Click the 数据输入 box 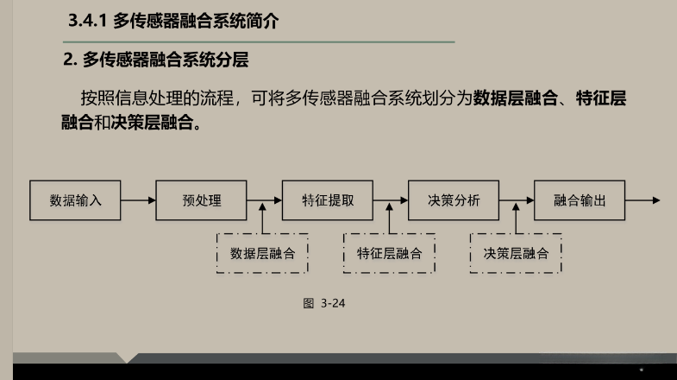(75, 200)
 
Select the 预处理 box (201, 200)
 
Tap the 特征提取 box (328, 200)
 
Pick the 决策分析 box (454, 200)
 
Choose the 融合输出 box (580, 200)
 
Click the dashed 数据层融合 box (262, 253)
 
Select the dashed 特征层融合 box (389, 253)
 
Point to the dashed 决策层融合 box (516, 253)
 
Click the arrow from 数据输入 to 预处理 (138, 200)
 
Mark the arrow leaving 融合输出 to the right (643, 200)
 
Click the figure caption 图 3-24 (324, 303)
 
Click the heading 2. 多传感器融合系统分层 (161, 60)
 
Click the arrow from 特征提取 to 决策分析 (391, 200)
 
